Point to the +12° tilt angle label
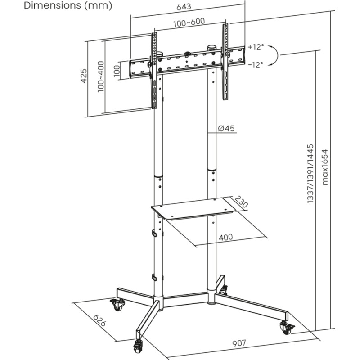[255, 47]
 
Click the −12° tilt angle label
[255, 64]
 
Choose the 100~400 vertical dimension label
[100, 76]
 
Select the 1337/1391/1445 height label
[310, 174]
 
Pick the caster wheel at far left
[119, 304]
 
